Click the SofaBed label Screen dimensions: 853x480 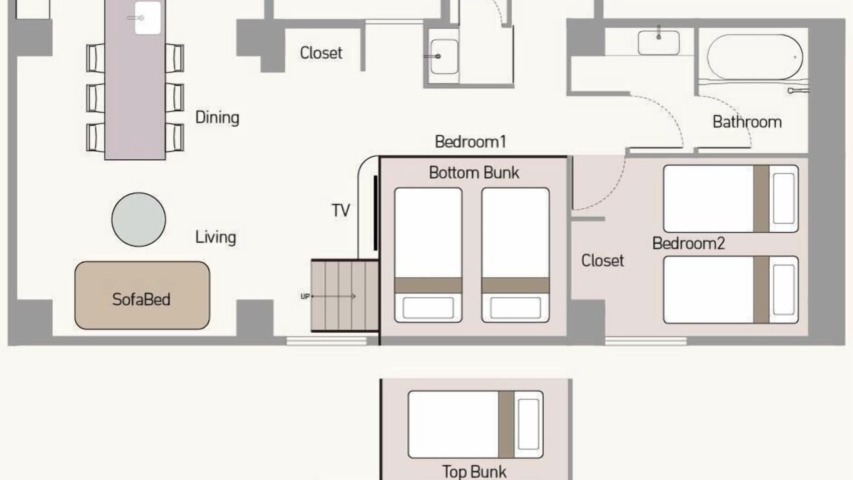pyautogui.click(x=141, y=299)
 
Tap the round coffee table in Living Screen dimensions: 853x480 pyautogui.click(x=139, y=219)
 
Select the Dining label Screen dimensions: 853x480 pyautogui.click(x=217, y=117)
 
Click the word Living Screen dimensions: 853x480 pyautogui.click(x=215, y=237)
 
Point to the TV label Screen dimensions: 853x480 pyautogui.click(x=341, y=210)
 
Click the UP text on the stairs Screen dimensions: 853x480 pyautogui.click(x=305, y=297)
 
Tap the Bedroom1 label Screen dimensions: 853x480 pyautogui.click(x=470, y=142)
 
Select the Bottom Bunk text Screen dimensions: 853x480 pyautogui.click(x=474, y=173)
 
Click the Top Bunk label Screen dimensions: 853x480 pyautogui.click(x=474, y=471)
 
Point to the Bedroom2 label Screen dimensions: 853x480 pyautogui.click(x=688, y=243)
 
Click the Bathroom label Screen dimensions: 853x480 pyautogui.click(x=747, y=122)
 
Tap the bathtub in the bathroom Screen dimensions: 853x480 pyautogui.click(x=755, y=57)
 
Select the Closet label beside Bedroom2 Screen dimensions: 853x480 pyautogui.click(x=602, y=261)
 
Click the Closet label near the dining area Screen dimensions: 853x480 pyautogui.click(x=321, y=53)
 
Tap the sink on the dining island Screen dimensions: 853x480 pyautogui.click(x=147, y=18)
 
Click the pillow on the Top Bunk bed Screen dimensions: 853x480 pyautogui.click(x=528, y=424)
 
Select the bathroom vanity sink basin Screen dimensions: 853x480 pyautogui.click(x=659, y=43)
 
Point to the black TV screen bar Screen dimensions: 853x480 pyautogui.click(x=375, y=213)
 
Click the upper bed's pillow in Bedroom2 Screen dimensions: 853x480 pyautogui.click(x=784, y=199)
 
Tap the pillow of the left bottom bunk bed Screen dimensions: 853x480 pyautogui.click(x=428, y=308)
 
